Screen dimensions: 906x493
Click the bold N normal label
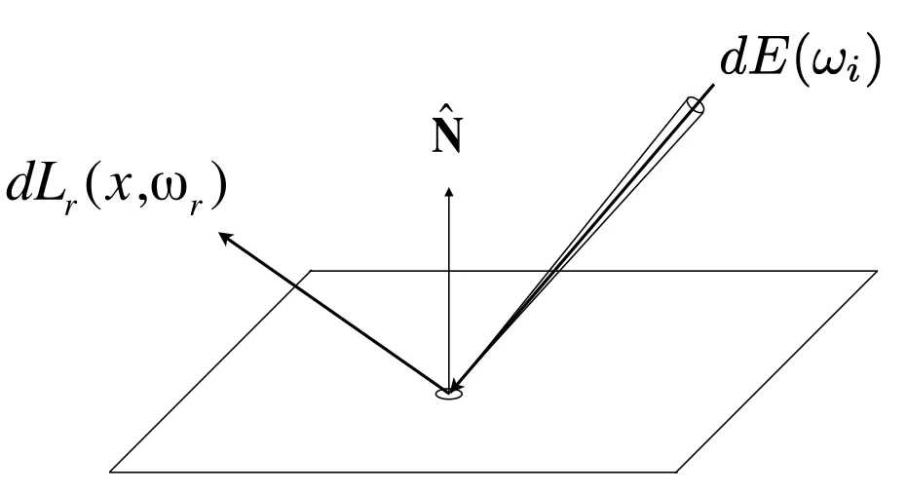(x=447, y=137)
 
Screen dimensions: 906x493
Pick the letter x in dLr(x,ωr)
(x=119, y=186)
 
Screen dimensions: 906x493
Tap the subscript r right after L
(x=71, y=207)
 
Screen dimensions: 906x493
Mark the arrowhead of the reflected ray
(x=226, y=237)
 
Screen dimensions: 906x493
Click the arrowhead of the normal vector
(x=448, y=191)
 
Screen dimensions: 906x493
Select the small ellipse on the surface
(x=449, y=395)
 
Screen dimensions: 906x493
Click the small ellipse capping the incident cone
(x=696, y=106)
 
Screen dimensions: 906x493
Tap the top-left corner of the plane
(x=312, y=271)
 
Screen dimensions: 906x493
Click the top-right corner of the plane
(x=877, y=271)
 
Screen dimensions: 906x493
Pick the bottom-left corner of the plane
(x=110, y=472)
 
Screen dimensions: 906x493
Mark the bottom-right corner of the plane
(x=676, y=472)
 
